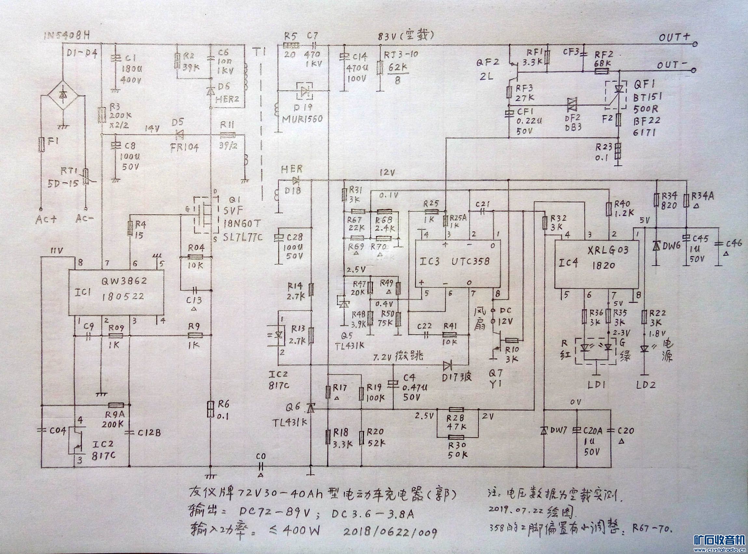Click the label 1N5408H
pos(67,36)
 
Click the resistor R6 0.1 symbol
pos(210,409)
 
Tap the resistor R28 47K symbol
pos(456,409)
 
